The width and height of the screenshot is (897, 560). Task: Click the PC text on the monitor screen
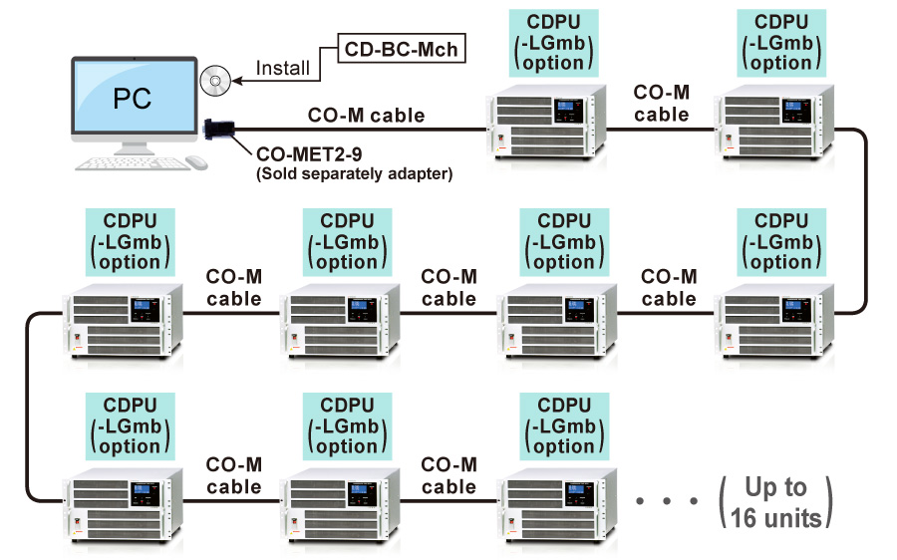point(133,100)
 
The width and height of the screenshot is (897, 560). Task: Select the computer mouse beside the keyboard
point(196,162)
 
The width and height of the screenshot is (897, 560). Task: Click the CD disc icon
point(214,80)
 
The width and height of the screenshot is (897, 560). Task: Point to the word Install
point(283,69)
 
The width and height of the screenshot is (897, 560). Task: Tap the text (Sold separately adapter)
point(354,174)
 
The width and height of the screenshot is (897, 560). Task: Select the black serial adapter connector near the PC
point(220,129)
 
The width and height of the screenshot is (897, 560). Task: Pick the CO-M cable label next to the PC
point(365,116)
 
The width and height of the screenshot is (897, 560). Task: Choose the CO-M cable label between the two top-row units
point(662,104)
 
